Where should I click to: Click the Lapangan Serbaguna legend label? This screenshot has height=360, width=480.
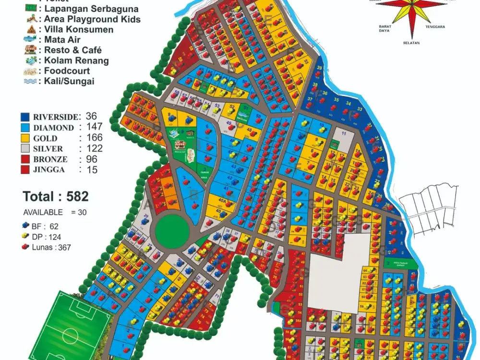click(x=92, y=9)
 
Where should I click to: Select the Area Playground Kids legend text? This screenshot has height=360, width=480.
click(x=92, y=19)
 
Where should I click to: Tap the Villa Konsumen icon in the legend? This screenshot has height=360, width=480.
click(x=30, y=30)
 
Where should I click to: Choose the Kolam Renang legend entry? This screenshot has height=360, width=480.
click(x=76, y=60)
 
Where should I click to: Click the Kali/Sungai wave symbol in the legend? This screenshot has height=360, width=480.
click(x=30, y=81)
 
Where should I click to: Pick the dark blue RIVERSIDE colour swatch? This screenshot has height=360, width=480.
click(x=25, y=117)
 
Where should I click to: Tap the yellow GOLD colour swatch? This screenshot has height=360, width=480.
click(x=25, y=138)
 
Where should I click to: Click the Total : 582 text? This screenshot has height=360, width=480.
click(x=56, y=196)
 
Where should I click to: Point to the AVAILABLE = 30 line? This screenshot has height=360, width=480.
click(x=55, y=212)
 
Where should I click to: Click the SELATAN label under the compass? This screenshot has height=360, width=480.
click(x=411, y=43)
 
